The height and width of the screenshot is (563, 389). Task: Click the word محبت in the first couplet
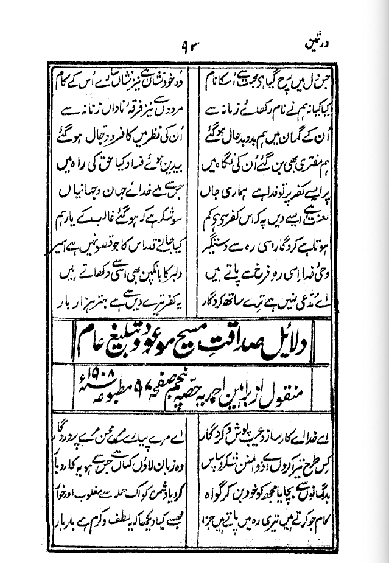click(x=242, y=82)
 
